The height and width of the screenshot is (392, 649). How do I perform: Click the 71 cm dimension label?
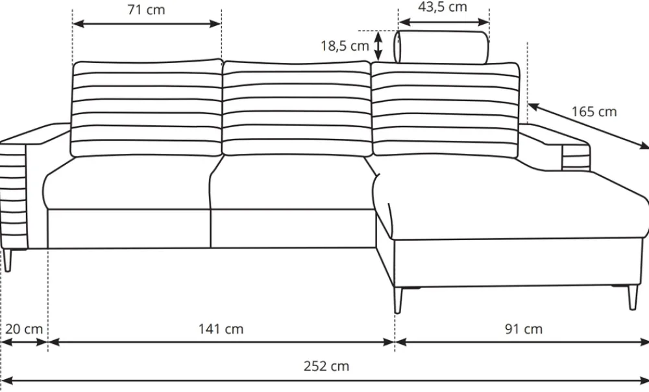tap(146, 10)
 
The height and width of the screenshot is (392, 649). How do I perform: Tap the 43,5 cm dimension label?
tap(443, 6)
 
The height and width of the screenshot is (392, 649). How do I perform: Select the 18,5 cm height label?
tap(345, 45)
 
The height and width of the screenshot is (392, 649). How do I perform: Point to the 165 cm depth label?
tap(594, 112)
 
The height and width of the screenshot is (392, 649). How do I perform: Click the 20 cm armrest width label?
tap(24, 329)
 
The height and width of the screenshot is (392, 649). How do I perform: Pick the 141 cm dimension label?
tap(221, 329)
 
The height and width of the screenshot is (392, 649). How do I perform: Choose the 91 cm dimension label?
tap(524, 329)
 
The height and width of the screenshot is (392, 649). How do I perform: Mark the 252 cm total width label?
tap(326, 366)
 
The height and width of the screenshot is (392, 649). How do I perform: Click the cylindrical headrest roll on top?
tap(441, 47)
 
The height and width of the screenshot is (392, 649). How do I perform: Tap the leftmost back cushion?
tap(147, 108)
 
